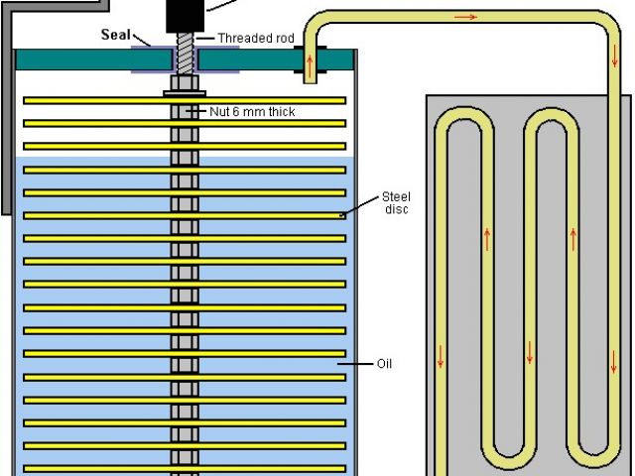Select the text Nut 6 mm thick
(252, 112)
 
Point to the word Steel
(395, 196)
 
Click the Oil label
(384, 364)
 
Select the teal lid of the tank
(79, 59)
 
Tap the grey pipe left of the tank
(8, 119)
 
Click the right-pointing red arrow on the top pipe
(467, 17)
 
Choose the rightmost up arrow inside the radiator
(572, 238)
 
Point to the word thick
(280, 112)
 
